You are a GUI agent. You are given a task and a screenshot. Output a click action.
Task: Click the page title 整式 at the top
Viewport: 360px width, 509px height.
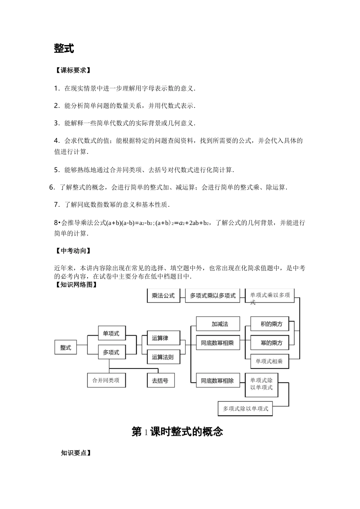click(64, 48)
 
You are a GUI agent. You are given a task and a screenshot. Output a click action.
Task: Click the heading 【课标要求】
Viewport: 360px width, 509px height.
click(72, 70)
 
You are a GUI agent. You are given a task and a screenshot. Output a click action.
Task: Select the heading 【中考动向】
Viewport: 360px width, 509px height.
click(72, 251)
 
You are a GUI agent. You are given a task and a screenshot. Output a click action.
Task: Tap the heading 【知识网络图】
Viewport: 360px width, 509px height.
click(76, 285)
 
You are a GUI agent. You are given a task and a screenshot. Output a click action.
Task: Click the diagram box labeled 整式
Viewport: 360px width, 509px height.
click(66, 347)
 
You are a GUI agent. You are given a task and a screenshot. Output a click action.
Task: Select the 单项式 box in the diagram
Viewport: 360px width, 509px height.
click(111, 334)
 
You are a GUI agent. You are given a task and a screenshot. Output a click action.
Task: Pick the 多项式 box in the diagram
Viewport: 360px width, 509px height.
click(111, 352)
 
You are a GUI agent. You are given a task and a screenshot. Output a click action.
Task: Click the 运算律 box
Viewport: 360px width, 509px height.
click(160, 338)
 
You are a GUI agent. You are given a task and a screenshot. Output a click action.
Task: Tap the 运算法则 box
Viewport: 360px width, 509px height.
click(163, 357)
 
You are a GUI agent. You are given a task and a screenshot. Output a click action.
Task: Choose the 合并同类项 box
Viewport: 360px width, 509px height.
click(106, 380)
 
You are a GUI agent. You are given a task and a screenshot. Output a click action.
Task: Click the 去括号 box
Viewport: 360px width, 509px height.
click(160, 380)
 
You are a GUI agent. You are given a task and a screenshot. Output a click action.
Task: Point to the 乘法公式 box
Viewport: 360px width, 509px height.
click(163, 295)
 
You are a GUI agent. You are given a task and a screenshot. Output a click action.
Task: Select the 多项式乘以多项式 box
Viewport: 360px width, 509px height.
click(213, 295)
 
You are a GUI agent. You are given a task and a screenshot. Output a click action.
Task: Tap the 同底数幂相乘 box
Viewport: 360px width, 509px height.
click(218, 343)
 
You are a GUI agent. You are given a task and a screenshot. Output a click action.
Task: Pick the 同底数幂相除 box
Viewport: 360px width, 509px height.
click(218, 381)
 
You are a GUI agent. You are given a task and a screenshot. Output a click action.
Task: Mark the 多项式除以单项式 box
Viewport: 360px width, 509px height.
click(246, 409)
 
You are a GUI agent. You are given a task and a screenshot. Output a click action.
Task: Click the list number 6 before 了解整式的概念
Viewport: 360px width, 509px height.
click(52, 187)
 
